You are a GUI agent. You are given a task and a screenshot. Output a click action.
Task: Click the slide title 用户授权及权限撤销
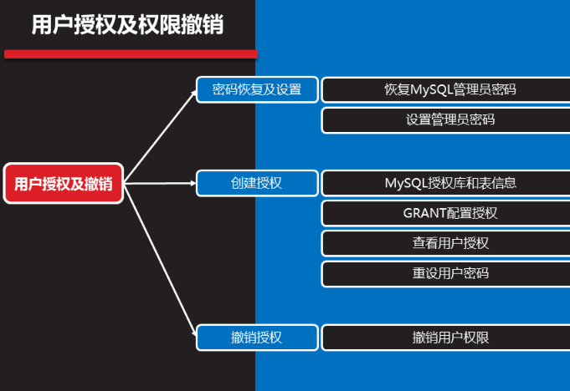[127, 24]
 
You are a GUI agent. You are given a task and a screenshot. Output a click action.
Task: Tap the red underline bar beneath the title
[130, 54]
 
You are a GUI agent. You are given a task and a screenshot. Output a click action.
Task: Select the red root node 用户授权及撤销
[64, 183]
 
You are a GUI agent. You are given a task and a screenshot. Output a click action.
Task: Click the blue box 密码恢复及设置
[257, 89]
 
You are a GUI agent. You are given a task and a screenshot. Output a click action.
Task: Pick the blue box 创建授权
[257, 183]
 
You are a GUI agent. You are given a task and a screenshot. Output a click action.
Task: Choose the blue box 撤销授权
[257, 338]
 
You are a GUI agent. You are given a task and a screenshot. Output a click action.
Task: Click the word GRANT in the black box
[424, 213]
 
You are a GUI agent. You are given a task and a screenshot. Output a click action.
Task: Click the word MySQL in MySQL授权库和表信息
[405, 183]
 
